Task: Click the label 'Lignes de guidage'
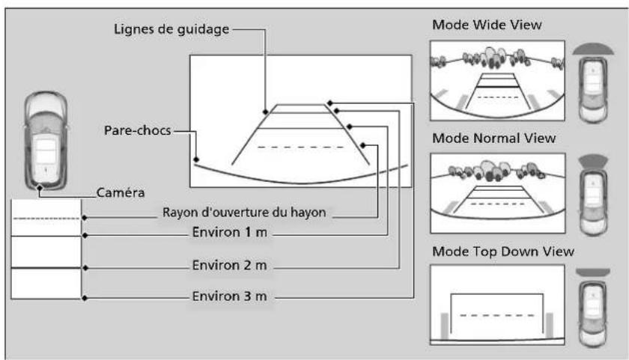[x=171, y=29]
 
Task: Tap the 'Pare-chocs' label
[x=138, y=130]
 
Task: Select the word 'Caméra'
[x=121, y=192]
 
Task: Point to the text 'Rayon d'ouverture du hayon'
[x=244, y=212]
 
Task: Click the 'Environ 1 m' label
[x=229, y=232]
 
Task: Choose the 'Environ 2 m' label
[x=229, y=265]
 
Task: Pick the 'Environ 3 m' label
[x=229, y=296]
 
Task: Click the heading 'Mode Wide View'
[x=487, y=25]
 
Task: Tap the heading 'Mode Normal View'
[x=493, y=138]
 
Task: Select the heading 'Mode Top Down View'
[x=503, y=251]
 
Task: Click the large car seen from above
[x=46, y=140]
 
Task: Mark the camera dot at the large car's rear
[x=39, y=188]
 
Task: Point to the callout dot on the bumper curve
[x=196, y=159]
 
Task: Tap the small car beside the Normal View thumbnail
[x=593, y=202]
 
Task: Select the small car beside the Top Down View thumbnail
[x=593, y=314]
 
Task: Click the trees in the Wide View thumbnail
[x=496, y=58]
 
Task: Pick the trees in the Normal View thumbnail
[x=496, y=171]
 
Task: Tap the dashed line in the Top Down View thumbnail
[x=497, y=316]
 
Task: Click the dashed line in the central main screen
[x=300, y=147]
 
